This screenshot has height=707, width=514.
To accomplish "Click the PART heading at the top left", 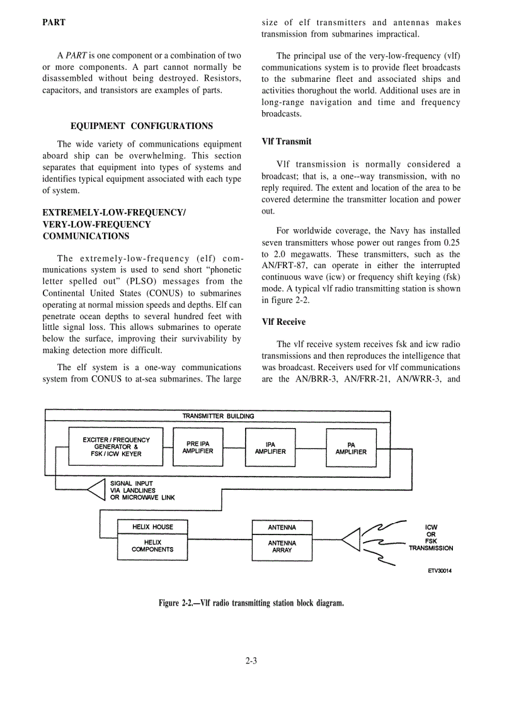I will click(54, 23).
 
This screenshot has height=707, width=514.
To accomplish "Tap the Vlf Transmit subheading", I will click(286, 142).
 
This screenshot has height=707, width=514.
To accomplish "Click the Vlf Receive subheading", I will click(283, 322).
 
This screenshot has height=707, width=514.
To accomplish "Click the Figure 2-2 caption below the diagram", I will click(251, 603).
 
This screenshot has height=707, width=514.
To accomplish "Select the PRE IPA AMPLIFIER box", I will click(198, 447).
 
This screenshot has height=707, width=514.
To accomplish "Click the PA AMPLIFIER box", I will click(351, 448).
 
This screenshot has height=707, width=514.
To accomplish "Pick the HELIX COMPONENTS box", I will click(152, 546).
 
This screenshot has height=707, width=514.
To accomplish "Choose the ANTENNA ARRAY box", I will click(282, 546).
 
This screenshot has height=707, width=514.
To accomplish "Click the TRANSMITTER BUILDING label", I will click(218, 416).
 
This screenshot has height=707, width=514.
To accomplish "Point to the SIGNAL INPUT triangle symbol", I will click(94, 489).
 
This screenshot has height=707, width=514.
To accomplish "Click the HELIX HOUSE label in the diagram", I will click(152, 526).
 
